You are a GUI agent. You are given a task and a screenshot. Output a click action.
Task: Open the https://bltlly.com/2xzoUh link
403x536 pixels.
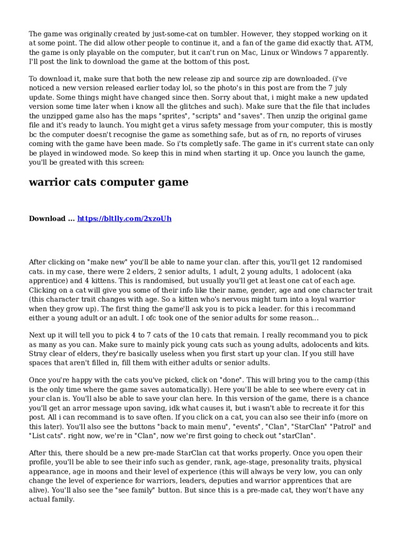(124, 218)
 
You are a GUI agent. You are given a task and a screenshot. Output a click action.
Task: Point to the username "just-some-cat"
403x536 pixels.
(174, 34)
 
